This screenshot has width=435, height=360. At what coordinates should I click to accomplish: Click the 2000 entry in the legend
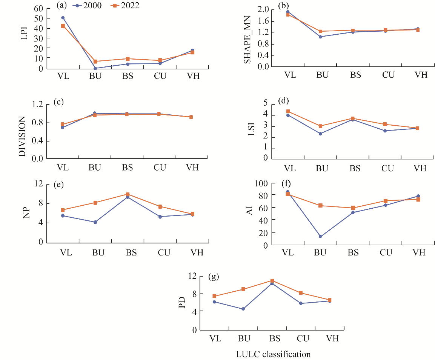[88, 6]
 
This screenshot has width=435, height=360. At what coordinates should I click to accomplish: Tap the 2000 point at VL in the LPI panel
[63, 18]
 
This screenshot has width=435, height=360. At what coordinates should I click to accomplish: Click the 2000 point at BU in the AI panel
[320, 237]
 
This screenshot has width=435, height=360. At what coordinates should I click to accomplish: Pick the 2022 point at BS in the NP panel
[128, 194]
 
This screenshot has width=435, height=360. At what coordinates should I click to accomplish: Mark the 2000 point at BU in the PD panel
[243, 309]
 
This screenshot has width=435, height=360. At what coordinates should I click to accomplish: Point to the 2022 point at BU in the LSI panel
[320, 126]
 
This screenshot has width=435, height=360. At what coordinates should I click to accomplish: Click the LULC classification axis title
[273, 354]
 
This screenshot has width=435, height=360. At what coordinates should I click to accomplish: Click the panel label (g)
[213, 277]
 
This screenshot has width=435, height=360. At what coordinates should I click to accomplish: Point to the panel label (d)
[283, 101]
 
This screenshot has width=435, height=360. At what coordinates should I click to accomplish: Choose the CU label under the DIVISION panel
[160, 168]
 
